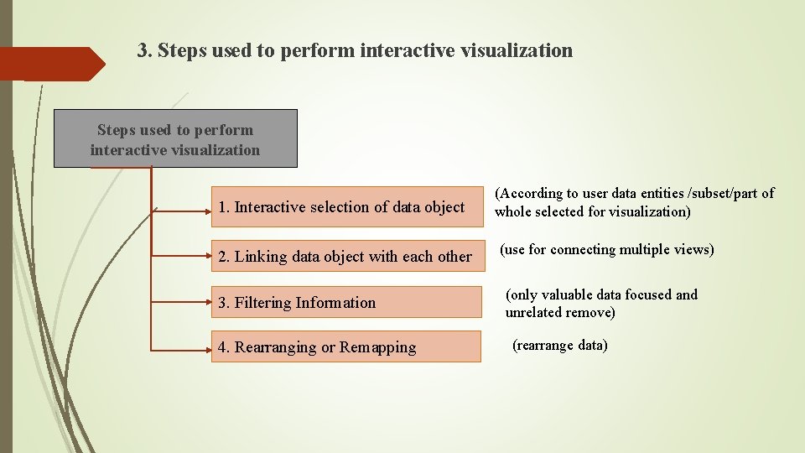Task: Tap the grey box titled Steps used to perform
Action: coord(175,139)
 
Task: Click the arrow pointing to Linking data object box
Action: coord(180,257)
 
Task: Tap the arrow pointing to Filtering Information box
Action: coord(180,302)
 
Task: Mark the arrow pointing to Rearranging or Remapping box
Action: coord(180,346)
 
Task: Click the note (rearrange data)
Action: coord(559,345)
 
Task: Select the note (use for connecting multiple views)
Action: coord(607,250)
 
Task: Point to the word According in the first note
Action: coord(530,194)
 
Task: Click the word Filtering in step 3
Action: coord(263,303)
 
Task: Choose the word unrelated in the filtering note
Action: coord(538,312)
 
